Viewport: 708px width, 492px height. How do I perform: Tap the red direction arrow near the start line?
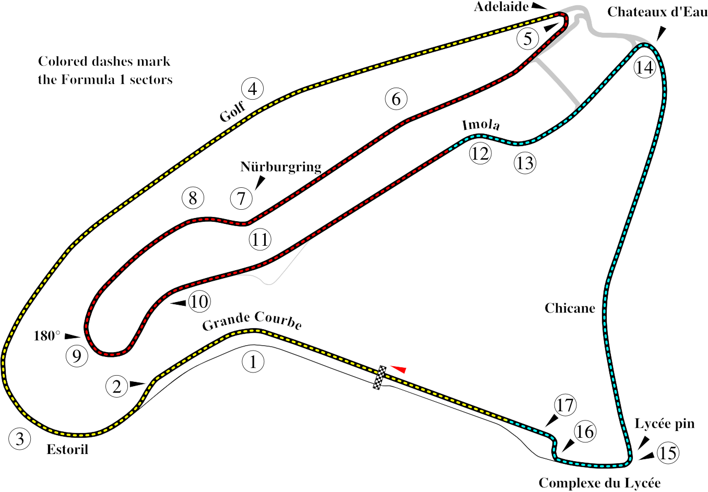pyautogui.click(x=398, y=369)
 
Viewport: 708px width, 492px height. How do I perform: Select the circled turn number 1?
pyautogui.click(x=253, y=362)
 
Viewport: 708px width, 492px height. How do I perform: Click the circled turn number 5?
pyautogui.click(x=528, y=39)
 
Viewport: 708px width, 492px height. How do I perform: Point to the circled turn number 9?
pyautogui.click(x=77, y=356)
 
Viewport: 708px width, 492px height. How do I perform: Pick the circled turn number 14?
pyautogui.click(x=645, y=67)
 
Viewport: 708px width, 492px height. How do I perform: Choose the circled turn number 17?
pyautogui.click(x=565, y=405)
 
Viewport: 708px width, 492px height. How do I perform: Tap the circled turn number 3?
pyautogui.click(x=20, y=439)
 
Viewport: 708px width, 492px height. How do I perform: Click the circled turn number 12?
pyautogui.click(x=480, y=153)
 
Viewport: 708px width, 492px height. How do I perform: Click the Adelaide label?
pyautogui.click(x=501, y=7)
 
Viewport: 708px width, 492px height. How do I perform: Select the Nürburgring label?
pyautogui.click(x=281, y=167)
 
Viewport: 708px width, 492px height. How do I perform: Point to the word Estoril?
pyautogui.click(x=67, y=449)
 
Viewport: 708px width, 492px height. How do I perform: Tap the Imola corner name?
pyautogui.click(x=481, y=125)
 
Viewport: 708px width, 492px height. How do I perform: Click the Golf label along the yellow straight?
pyautogui.click(x=233, y=112)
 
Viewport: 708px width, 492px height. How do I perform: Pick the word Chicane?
pyautogui.click(x=570, y=308)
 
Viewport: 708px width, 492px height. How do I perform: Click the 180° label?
pyautogui.click(x=47, y=336)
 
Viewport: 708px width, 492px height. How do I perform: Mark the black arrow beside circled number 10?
pyautogui.click(x=179, y=303)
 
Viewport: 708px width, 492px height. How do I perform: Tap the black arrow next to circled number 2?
pyautogui.click(x=137, y=384)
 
